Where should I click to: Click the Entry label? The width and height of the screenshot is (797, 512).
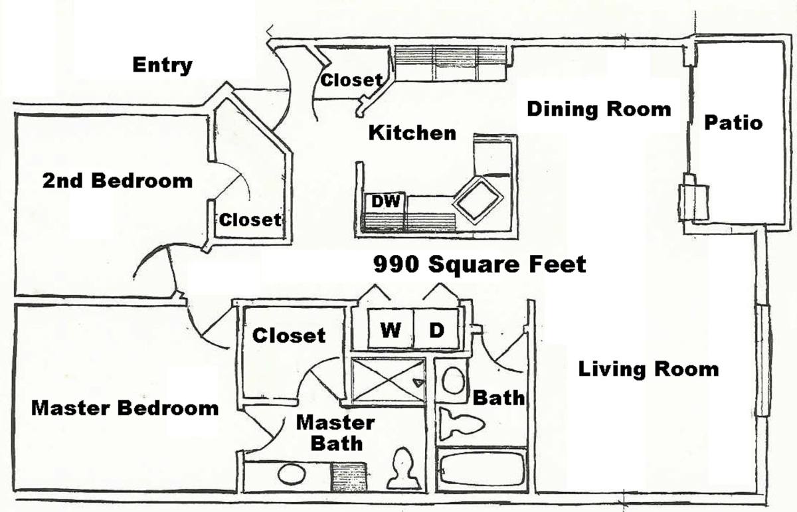coord(162,66)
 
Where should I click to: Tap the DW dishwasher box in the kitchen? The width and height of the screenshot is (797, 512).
coord(385,202)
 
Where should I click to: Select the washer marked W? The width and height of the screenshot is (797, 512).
coord(391,329)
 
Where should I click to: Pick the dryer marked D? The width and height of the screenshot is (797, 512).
coord(436,329)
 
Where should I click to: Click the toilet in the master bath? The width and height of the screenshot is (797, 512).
coord(403,469)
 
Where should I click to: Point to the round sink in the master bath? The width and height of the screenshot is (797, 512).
coord(292,474)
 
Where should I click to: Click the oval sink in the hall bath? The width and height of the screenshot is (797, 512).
coord(453,380)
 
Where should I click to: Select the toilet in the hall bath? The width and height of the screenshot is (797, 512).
coord(462,424)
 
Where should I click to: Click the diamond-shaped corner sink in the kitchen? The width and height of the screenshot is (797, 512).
coord(478,201)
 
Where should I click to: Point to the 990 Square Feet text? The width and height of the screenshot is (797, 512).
coord(480,264)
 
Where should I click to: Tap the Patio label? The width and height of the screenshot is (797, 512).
coord(733,123)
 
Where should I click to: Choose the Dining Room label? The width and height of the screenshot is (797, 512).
coord(599,109)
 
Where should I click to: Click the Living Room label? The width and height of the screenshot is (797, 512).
coord(648,369)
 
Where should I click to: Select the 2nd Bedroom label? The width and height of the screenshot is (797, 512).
coord(118,181)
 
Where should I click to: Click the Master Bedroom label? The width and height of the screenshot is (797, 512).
coord(125,408)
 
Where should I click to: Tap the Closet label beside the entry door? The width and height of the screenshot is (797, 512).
coord(351,80)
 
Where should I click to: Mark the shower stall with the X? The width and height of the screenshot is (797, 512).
coord(388,381)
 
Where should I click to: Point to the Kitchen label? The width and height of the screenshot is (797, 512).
coord(412,133)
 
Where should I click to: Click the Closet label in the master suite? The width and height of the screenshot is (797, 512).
coord(289,335)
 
